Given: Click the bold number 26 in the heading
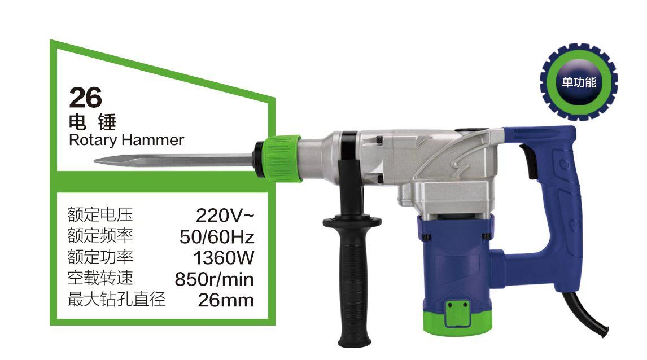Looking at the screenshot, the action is tap(85, 97).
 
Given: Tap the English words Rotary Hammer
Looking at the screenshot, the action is tap(126, 140).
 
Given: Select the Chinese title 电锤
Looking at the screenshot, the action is tap(93, 122).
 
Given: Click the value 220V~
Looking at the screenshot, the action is tap(225, 215).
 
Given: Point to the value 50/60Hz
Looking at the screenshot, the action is tap(217, 236).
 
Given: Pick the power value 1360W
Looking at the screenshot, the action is tap(224, 258).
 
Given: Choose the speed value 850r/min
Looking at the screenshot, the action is tap(214, 279).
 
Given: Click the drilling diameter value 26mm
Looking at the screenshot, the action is tap(226, 300).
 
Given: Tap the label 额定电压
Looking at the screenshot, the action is tap(100, 214).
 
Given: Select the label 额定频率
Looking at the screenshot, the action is tap(100, 235).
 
